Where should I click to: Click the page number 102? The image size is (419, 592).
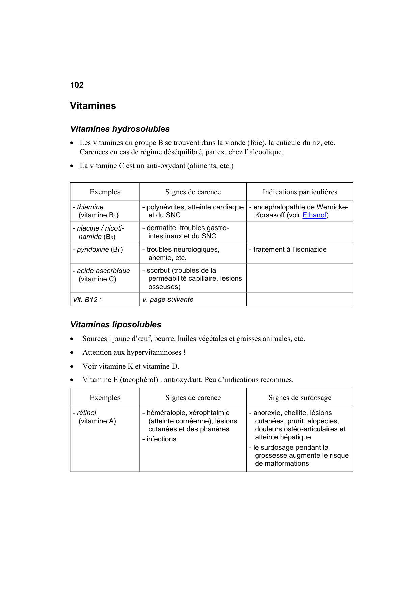tap(77, 85)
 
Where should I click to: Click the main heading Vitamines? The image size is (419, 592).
tap(93, 106)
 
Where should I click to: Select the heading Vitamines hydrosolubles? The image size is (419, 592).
tap(120, 129)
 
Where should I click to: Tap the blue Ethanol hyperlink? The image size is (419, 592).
tap(314, 215)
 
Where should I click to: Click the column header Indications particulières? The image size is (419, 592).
tap(300, 192)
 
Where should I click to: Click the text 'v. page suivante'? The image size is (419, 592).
tap(168, 300)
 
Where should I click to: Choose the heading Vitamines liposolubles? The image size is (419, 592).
tap(115, 325)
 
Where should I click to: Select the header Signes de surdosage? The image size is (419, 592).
tap(300, 398)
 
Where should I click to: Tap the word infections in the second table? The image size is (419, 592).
tap(161, 439)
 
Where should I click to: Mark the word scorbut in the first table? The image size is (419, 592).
tap(158, 270)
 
